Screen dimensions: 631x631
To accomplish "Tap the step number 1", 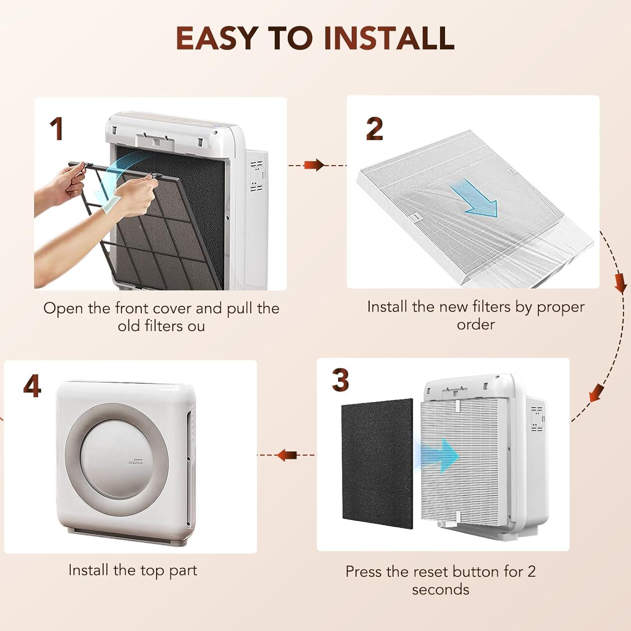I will (x=56, y=129).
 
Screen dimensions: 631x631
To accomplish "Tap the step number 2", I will (x=374, y=129).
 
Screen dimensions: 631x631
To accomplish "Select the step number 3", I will (x=340, y=380).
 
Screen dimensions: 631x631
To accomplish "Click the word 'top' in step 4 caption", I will (x=153, y=571).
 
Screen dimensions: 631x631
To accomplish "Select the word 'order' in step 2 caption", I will (x=476, y=325).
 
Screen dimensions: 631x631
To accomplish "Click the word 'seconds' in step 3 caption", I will (x=440, y=589).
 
